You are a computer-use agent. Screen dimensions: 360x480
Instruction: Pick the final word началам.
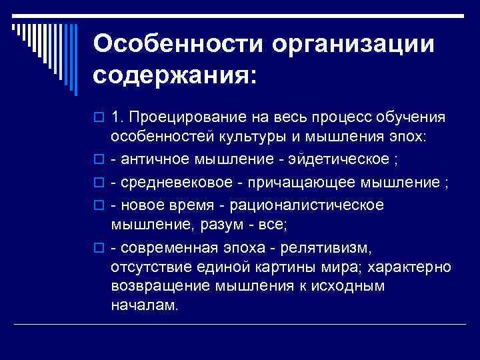(x=145, y=308)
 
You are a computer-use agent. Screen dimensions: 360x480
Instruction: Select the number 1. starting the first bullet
(x=117, y=117)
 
